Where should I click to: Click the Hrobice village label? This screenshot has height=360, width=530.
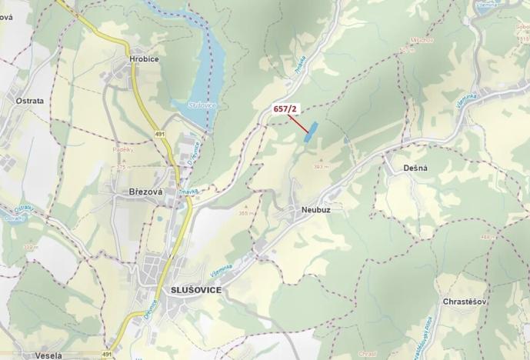[x=145, y=58]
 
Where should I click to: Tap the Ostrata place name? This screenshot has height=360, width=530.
[x=30, y=100]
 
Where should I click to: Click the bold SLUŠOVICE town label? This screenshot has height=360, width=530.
[x=193, y=289]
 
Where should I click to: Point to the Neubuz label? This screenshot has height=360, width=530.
[x=311, y=209]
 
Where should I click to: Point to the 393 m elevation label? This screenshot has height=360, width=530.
[x=321, y=165]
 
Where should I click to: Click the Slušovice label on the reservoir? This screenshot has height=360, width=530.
[x=203, y=105]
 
